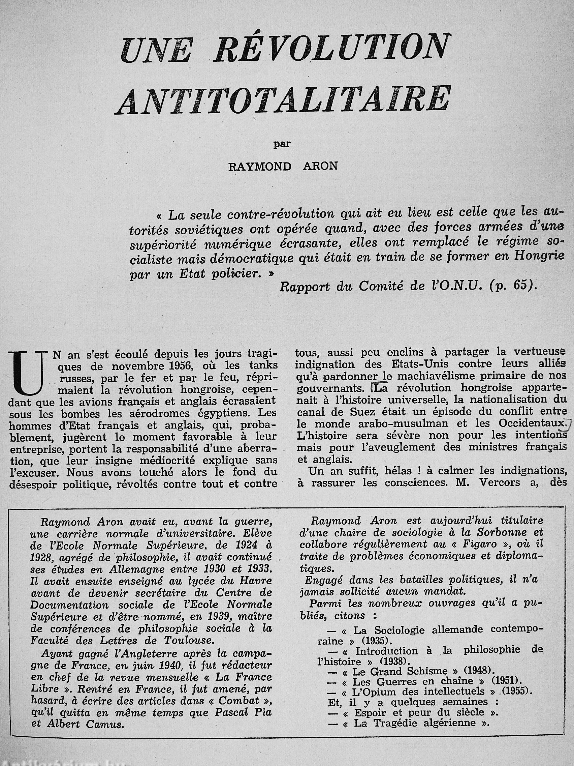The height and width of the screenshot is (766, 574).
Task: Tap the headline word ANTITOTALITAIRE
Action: pyautogui.click(x=284, y=99)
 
